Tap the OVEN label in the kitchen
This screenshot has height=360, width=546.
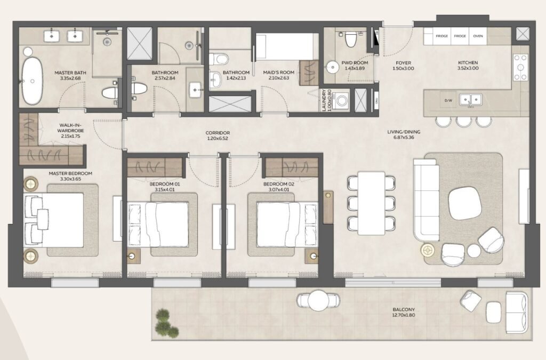[x=478, y=36]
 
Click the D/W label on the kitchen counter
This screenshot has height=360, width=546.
[x=447, y=100]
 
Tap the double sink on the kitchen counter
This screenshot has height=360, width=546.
[x=470, y=100]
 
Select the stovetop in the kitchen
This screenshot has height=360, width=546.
[x=520, y=67]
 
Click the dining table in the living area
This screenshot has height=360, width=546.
[x=371, y=203]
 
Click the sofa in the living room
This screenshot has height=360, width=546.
[x=426, y=203]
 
